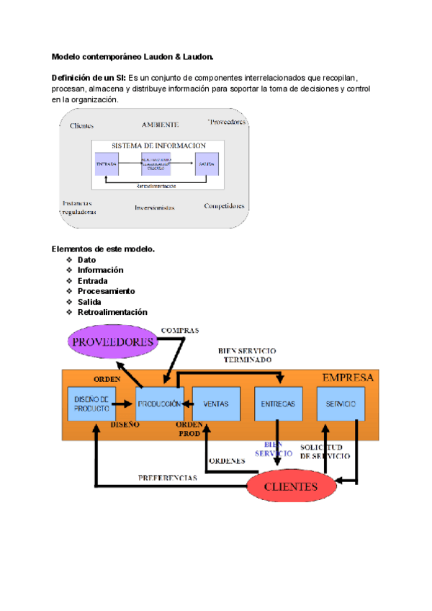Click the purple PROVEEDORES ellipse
113,342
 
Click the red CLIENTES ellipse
291,486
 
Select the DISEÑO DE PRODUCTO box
91,403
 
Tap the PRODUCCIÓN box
159,404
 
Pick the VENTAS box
216,404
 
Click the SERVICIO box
341,404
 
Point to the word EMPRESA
348,378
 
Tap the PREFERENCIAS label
167,478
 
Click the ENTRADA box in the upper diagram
107,164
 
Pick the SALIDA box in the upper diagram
207,164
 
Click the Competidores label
224,206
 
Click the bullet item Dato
86,259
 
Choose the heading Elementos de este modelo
103,249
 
